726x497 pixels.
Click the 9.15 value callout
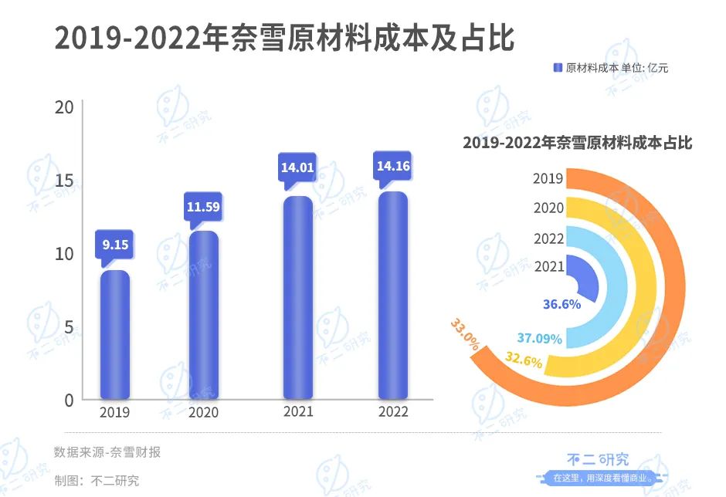115,245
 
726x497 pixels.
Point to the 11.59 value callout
204,207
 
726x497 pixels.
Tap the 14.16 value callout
392,165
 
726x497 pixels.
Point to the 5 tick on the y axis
69,327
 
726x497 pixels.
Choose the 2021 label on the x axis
298,411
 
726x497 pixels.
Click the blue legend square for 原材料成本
558,68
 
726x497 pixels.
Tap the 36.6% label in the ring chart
561,304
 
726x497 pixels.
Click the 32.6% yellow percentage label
524,360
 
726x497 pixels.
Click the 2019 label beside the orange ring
548,179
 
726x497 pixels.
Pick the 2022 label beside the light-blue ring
548,238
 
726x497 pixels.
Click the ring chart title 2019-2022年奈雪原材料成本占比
577,143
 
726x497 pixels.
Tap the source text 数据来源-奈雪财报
107,452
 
